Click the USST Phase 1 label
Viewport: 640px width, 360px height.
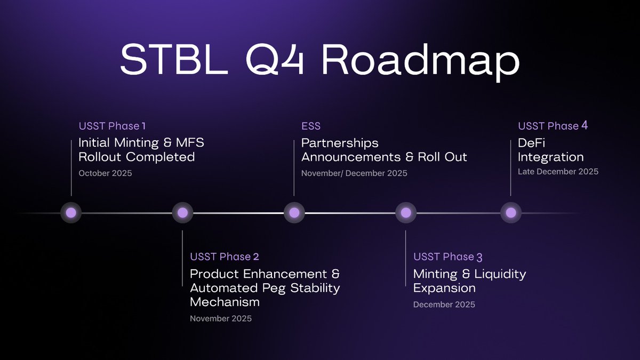[112, 126]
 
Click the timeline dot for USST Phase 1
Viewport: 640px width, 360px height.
[71, 213]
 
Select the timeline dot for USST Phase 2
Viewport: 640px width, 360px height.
[182, 213]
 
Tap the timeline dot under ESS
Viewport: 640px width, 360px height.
[294, 213]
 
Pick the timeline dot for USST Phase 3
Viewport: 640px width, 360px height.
[405, 213]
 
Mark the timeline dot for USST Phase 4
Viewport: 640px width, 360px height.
[511, 213]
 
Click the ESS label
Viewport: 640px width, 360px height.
[311, 126]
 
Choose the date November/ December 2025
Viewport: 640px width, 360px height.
[354, 173]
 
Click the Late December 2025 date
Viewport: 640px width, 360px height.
[558, 172]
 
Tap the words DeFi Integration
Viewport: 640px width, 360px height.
[550, 150]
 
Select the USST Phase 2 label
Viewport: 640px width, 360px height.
[225, 257]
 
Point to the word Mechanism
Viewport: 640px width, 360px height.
[225, 302]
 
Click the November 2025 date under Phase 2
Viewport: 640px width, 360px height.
[221, 319]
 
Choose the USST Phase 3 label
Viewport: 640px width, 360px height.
[448, 257]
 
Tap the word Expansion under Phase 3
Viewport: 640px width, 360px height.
[444, 288]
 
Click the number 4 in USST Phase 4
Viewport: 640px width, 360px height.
[585, 126]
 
